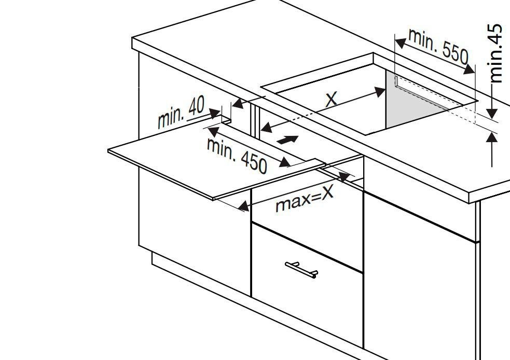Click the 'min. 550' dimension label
[x=438, y=46]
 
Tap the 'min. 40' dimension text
[x=181, y=112]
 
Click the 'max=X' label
[x=305, y=198]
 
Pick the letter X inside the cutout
[x=331, y=100]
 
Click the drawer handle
[x=301, y=270]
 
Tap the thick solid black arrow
[x=287, y=140]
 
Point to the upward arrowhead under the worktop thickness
[x=492, y=137]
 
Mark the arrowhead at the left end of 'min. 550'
[x=401, y=43]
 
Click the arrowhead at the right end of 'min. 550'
[x=469, y=70]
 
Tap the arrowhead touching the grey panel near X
[x=380, y=91]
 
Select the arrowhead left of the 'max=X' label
[x=244, y=206]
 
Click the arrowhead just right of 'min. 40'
[x=215, y=113]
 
